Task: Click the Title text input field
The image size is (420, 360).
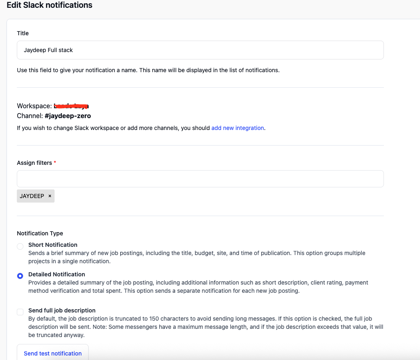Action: (200, 50)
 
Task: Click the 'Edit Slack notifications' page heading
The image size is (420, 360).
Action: (49, 5)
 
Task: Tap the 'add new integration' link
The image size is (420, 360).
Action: (237, 128)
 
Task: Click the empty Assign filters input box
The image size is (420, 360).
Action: (200, 179)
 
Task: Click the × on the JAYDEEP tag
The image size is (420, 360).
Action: (50, 196)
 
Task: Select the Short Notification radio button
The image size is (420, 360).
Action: (20, 246)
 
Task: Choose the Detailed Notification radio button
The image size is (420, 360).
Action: (20, 276)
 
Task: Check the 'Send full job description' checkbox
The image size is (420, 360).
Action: (20, 312)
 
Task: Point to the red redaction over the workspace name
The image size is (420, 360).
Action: (71, 106)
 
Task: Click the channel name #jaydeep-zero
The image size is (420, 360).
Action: (68, 116)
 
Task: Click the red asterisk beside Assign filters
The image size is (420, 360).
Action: (55, 163)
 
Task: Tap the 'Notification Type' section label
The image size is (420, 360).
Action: (40, 233)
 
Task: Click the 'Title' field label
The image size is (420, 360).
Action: (23, 33)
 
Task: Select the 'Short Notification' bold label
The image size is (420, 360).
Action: (52, 245)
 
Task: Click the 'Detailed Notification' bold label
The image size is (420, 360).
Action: (57, 274)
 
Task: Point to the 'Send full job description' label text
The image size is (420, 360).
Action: (62, 310)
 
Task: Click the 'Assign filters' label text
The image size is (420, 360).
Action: (34, 163)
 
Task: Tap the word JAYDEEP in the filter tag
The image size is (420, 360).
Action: (32, 196)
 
